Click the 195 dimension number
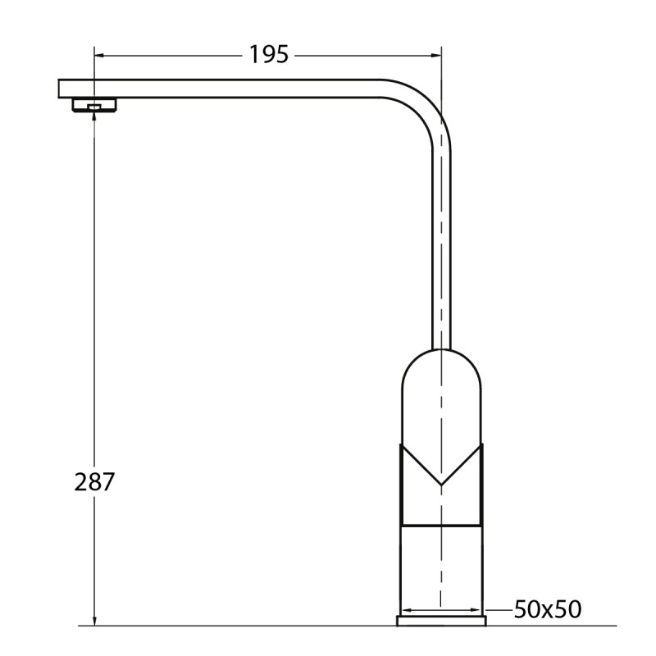pyautogui.click(x=269, y=55)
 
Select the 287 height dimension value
pyautogui.click(x=95, y=482)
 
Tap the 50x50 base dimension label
pyautogui.click(x=547, y=609)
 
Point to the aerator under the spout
pyautogui.click(x=95, y=105)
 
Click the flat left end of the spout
pyautogui.click(x=60, y=88)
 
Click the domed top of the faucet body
pyautogui.click(x=442, y=361)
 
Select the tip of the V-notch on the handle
pyautogui.click(x=442, y=485)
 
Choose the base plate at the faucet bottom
pyautogui.click(x=442, y=621)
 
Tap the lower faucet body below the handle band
pyautogui.click(x=442, y=566)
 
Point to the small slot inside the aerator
pyautogui.click(x=95, y=106)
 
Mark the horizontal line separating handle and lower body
pyautogui.click(x=442, y=523)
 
